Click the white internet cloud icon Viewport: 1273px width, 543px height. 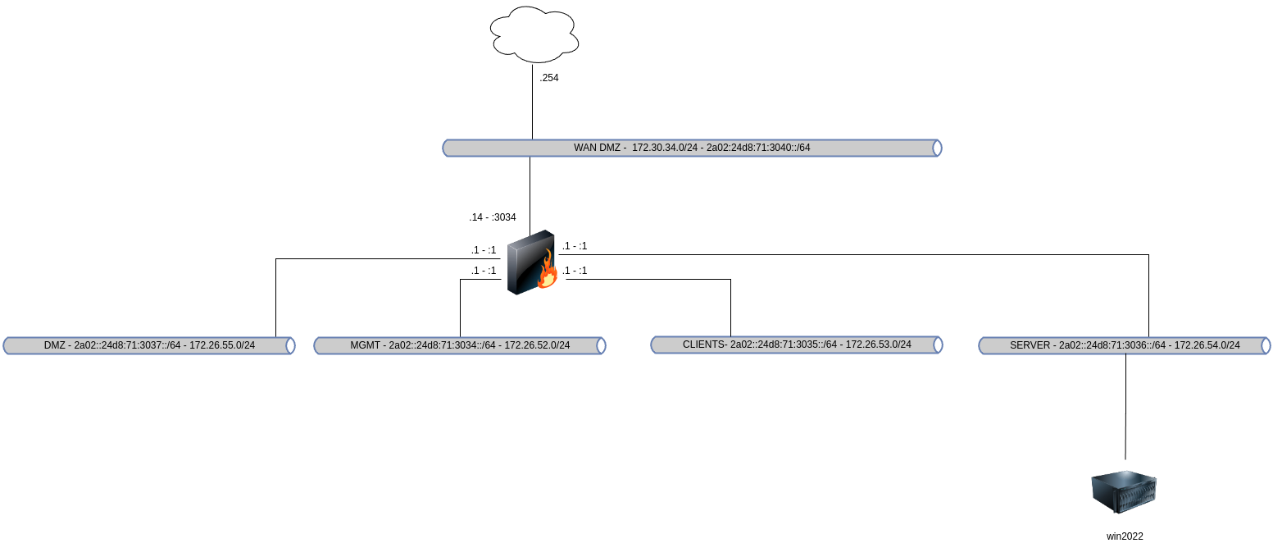click(x=534, y=34)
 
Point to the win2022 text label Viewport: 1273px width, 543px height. click(x=1125, y=536)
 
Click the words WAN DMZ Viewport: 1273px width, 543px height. click(x=599, y=148)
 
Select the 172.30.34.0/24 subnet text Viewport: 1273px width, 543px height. click(x=665, y=148)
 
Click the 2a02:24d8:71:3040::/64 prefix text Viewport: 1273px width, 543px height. click(x=758, y=148)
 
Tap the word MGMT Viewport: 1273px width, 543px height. click(x=365, y=345)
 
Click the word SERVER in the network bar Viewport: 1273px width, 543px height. click(x=1030, y=345)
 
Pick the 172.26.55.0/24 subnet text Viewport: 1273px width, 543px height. click(x=222, y=345)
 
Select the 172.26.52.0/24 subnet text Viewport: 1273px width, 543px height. click(x=537, y=345)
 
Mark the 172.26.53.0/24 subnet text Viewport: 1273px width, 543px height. click(x=878, y=345)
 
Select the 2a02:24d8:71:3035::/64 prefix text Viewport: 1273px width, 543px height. click(x=784, y=345)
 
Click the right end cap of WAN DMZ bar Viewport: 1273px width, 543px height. click(x=937, y=148)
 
